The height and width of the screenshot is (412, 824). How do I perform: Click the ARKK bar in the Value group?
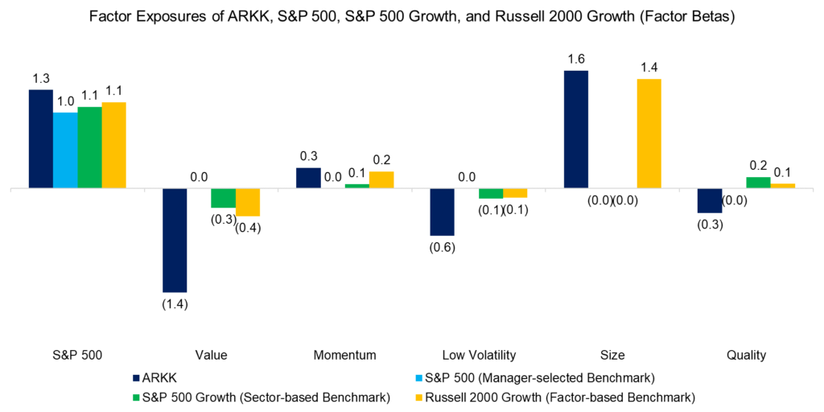point(175,240)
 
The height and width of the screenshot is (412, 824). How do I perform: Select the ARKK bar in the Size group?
point(575,130)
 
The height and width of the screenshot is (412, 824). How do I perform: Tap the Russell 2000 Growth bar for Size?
point(649,134)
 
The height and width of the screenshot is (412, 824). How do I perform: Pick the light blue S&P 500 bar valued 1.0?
point(65,150)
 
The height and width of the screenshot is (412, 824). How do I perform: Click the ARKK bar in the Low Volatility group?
point(442,212)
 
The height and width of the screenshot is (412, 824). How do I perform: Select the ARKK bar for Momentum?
point(308,178)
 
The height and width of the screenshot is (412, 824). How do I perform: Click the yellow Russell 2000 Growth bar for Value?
point(248,202)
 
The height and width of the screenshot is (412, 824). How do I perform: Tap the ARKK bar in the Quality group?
point(709,200)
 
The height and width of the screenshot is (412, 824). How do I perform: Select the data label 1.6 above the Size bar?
point(575,59)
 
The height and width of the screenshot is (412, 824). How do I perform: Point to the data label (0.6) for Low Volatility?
point(442,247)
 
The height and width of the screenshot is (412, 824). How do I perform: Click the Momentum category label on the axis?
point(345,355)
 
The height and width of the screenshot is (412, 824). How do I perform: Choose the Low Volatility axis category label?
point(479,355)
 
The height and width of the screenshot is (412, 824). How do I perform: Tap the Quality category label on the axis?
point(746,355)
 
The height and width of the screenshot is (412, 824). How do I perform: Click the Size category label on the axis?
point(612,355)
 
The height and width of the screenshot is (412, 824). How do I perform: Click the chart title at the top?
point(412,18)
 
